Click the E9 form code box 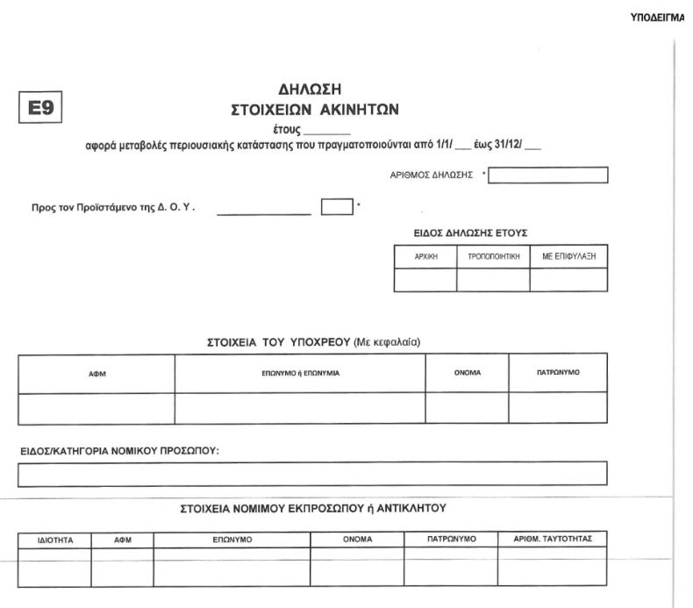coord(38,110)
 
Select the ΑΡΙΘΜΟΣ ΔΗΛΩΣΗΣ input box coord(548,175)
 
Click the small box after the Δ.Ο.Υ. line coord(337,208)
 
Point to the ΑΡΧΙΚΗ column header coord(425,257)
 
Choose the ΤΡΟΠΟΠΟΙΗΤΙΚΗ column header coord(493,257)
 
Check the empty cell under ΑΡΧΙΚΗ coord(425,280)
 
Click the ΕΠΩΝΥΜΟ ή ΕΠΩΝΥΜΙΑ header coord(300,374)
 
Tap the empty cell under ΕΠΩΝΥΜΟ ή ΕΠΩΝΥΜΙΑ coord(300,408)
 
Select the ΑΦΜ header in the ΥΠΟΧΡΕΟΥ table coord(96,374)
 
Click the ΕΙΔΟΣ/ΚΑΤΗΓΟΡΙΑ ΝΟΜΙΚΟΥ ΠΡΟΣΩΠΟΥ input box coord(313,473)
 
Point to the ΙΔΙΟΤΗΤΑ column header coord(54,540)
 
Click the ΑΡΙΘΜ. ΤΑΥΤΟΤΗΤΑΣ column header coord(553,539)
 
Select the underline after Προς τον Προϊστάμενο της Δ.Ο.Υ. coord(264,212)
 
